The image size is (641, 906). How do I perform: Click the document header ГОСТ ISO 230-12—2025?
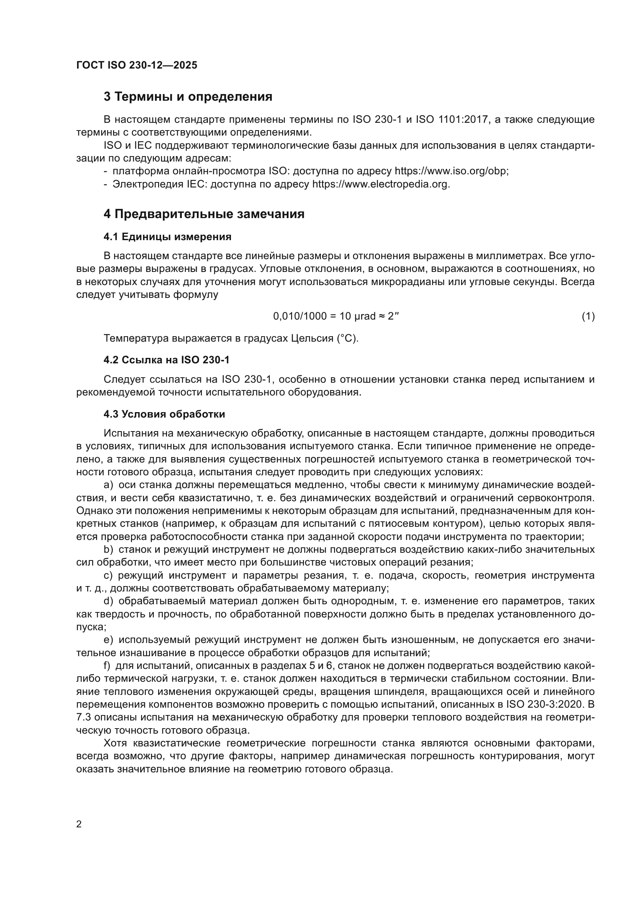coord(136,65)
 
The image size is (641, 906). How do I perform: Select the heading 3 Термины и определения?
coord(188,97)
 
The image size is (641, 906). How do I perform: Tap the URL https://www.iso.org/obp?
coord(451,171)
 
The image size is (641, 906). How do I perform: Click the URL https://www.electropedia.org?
coord(381,184)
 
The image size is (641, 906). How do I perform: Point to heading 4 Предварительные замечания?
coord(204,214)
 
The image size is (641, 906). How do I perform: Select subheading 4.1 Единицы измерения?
coord(167,237)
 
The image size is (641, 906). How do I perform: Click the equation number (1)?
coord(588,316)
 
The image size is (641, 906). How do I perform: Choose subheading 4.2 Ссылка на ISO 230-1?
coord(166,360)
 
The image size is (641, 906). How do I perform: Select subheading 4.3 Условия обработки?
coord(164,414)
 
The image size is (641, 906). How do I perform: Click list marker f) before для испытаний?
coord(107,666)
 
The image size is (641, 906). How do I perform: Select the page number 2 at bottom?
coord(79,824)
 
